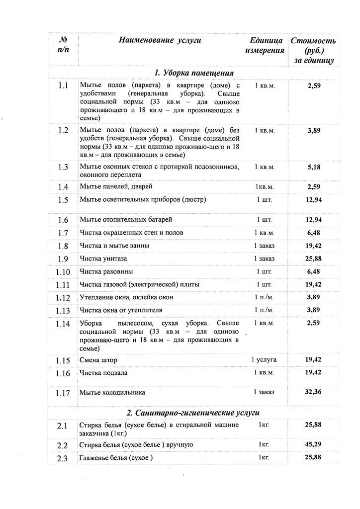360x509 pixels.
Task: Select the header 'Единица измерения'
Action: (x=266, y=45)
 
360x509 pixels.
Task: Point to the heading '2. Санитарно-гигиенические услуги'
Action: (x=193, y=413)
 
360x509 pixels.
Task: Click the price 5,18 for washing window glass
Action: (x=314, y=167)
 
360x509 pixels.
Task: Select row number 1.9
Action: (x=63, y=259)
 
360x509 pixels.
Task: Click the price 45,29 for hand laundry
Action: (x=314, y=444)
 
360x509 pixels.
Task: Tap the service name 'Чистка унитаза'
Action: (x=103, y=259)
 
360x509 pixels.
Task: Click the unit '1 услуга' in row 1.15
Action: (x=264, y=359)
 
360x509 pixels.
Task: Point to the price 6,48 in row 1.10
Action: (x=314, y=271)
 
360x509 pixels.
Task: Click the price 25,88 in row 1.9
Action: (x=314, y=258)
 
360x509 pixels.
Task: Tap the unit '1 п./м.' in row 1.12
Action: (x=264, y=297)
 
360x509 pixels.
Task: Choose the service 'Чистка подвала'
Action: (x=103, y=373)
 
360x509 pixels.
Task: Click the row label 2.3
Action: (x=62, y=458)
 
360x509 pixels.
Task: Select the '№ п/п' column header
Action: (x=63, y=45)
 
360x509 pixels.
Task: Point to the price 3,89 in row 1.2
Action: (x=314, y=130)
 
